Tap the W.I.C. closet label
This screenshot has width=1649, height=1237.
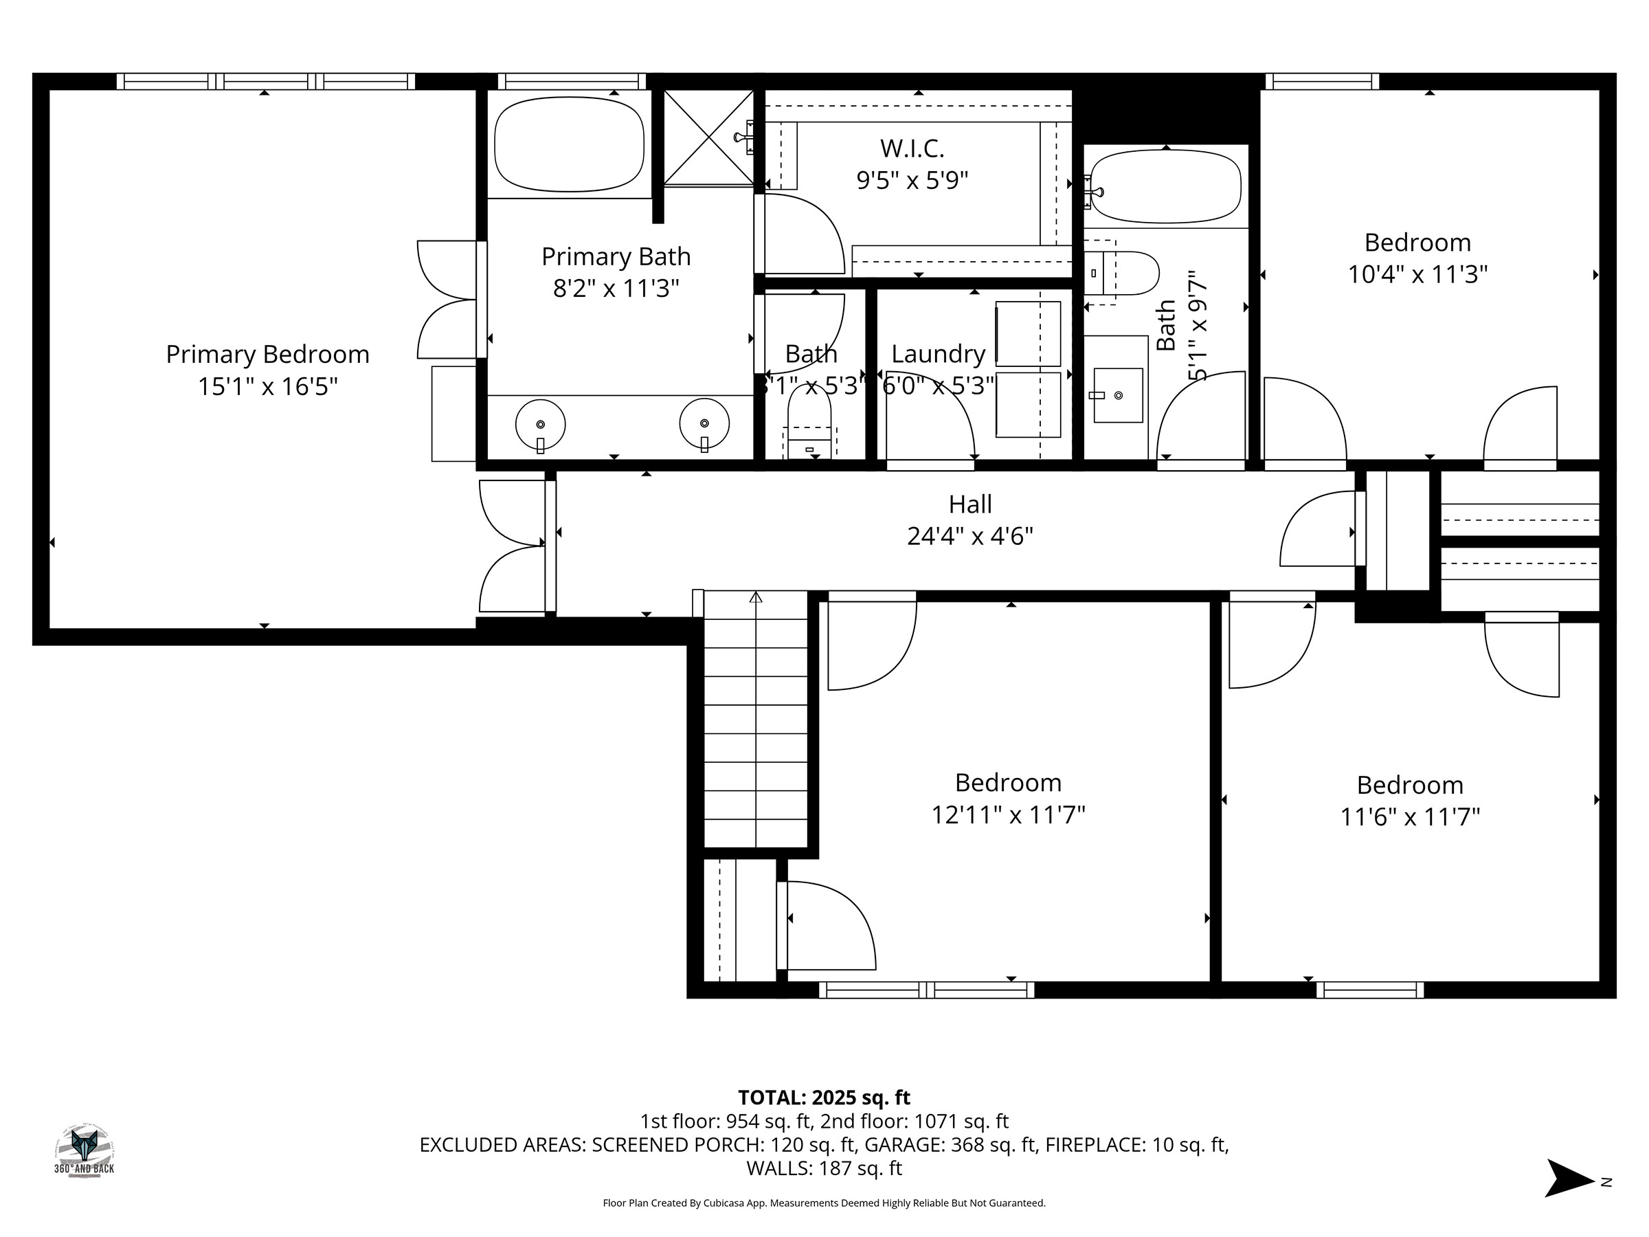click(x=912, y=148)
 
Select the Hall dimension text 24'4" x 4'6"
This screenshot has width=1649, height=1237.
click(x=970, y=536)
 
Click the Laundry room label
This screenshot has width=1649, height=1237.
click(x=938, y=353)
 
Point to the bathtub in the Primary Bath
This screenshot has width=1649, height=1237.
click(x=570, y=144)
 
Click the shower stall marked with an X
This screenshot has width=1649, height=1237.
click(x=708, y=137)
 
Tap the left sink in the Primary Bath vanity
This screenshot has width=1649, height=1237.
click(x=541, y=425)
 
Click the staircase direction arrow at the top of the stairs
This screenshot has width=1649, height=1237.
click(x=756, y=597)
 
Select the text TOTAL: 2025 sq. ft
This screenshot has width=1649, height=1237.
click(x=824, y=1097)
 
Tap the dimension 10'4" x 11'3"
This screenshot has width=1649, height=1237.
click(x=1417, y=274)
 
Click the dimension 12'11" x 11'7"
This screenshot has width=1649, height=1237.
click(x=1008, y=815)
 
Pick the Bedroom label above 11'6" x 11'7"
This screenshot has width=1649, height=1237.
click(x=1410, y=785)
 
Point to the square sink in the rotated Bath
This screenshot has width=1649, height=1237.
click(x=1117, y=395)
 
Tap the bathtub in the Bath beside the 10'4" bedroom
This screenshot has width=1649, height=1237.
click(x=1165, y=186)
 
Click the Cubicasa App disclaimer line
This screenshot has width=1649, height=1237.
click(x=824, y=1203)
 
